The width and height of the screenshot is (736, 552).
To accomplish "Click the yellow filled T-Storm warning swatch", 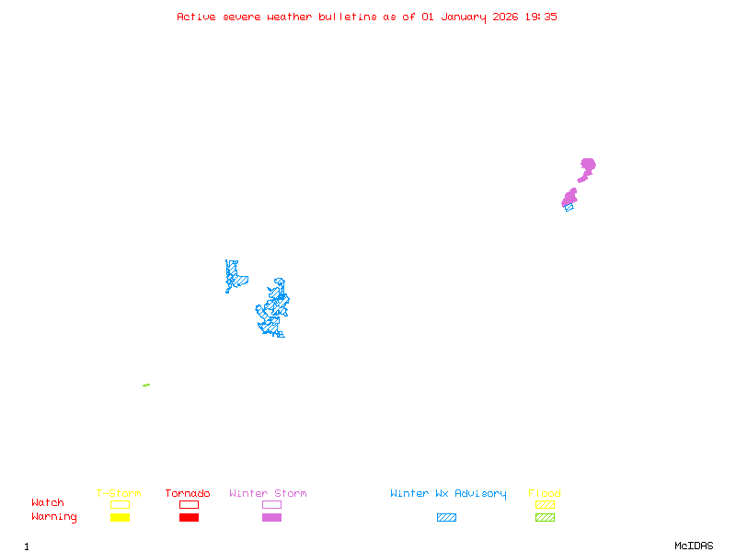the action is [x=120, y=517].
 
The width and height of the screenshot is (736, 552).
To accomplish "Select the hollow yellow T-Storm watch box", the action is [x=120, y=504].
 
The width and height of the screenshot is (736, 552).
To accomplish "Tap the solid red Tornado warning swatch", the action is [x=189, y=517].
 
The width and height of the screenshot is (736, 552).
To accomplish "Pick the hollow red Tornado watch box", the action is [x=189, y=504].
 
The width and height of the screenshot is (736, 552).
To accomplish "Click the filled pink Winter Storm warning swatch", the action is [x=271, y=517].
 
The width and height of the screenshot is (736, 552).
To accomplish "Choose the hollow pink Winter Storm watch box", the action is [x=271, y=504].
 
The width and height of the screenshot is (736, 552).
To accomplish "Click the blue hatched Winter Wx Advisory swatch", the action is [x=446, y=517].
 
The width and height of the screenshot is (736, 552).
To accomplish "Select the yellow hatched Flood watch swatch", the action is [x=545, y=504].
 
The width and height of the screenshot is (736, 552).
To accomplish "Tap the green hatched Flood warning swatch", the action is [x=545, y=517].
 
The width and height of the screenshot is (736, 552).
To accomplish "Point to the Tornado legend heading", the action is [x=188, y=494].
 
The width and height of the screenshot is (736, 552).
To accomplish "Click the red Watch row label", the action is [x=48, y=503].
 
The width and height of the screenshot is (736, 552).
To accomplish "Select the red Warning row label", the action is [x=53, y=517].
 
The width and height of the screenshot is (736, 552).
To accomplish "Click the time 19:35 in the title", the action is [x=540, y=17].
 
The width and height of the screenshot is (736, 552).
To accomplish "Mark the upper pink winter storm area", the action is [x=586, y=168].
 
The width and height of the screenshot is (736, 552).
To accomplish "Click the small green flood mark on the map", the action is [x=146, y=385].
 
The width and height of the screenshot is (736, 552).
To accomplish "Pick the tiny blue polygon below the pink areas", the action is [x=569, y=207].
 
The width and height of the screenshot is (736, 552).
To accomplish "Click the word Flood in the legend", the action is [x=545, y=494].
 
